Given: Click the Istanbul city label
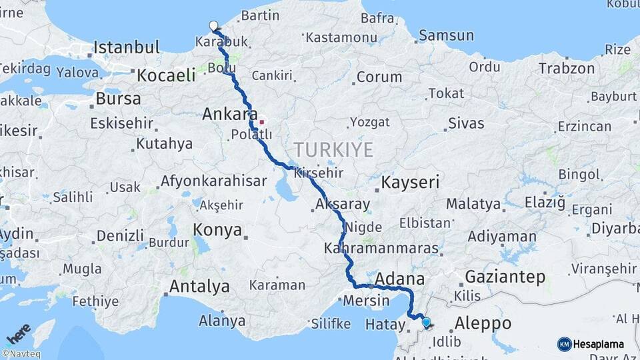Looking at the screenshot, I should coord(126,47).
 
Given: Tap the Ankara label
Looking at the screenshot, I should coord(229,115).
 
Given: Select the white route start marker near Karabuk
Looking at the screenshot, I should coord(213,26).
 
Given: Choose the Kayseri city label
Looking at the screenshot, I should coord(410,181).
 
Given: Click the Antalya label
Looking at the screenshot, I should coord(199,287).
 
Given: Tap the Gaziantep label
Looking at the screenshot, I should coord(505,277).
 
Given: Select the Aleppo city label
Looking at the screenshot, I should coord(483,323).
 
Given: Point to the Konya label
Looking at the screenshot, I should coord(217,231).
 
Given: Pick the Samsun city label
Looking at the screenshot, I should coord(446,35).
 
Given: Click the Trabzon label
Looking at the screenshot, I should coord(566,69).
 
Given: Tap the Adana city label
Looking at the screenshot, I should coord(400,278).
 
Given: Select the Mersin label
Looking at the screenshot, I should coord(366,300).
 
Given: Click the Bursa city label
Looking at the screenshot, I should coord(118,99).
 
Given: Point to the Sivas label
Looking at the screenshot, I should coord(465,123).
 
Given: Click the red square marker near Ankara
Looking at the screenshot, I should coord(262,122).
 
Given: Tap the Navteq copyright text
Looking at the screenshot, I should coord(21,354).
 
